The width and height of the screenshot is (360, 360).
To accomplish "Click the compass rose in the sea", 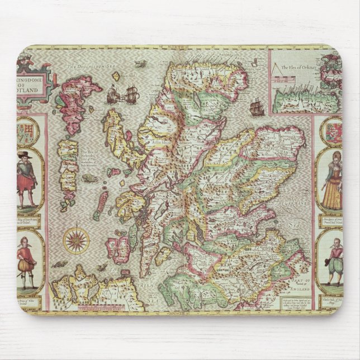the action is click(x=77, y=240).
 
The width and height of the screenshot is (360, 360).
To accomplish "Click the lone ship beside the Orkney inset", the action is click(x=257, y=106).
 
